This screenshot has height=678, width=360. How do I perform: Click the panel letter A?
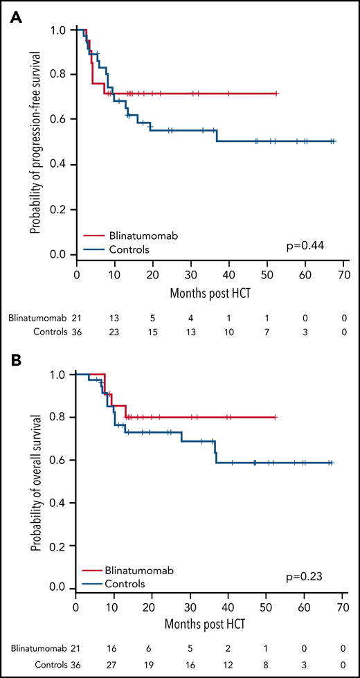(14, 15)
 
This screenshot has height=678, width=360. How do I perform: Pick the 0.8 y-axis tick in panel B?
(64, 417)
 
